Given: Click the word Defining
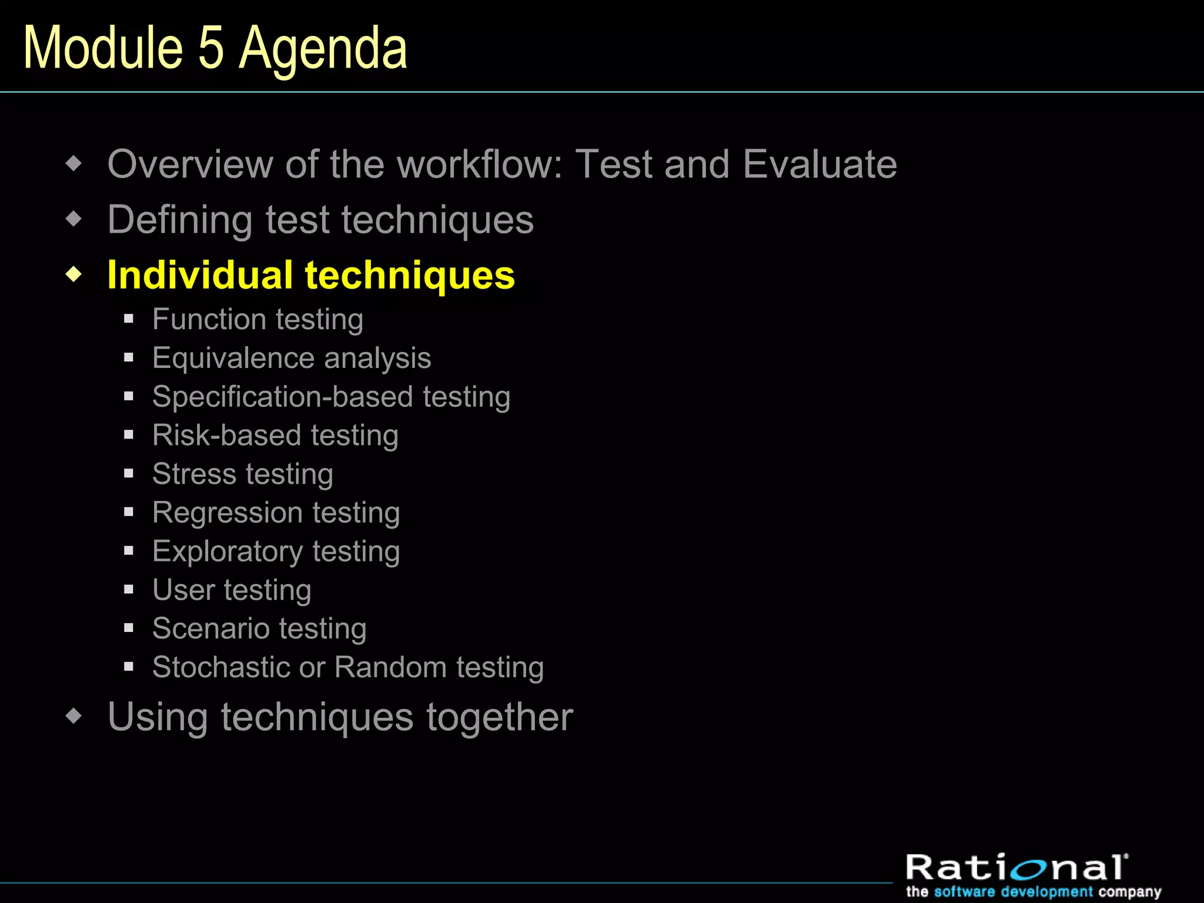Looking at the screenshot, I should [x=180, y=220].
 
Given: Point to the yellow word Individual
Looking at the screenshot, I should [x=200, y=275].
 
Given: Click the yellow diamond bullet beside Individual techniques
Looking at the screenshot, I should [x=74, y=274].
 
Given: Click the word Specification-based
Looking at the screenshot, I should [x=282, y=397].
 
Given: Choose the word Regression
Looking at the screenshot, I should [x=226, y=513].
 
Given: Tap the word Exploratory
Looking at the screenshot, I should [x=227, y=552].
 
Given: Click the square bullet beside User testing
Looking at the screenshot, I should [x=129, y=590].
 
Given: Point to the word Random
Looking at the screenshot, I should [x=390, y=667].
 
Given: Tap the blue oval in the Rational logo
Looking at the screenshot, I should [x=1037, y=869].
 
